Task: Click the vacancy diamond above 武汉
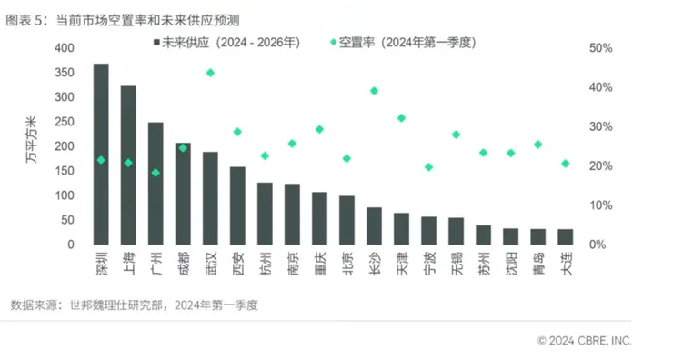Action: tap(210, 73)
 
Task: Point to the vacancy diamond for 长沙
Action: tap(374, 91)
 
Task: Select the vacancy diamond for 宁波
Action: tap(428, 167)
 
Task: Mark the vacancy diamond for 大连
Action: tap(565, 164)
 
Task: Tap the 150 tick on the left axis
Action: tap(65, 171)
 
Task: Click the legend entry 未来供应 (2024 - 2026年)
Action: tap(224, 42)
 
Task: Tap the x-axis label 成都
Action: tap(183, 265)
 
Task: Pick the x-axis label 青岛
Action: tap(537, 265)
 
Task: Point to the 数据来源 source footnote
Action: tap(134, 305)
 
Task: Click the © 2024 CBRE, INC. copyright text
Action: tap(584, 341)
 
